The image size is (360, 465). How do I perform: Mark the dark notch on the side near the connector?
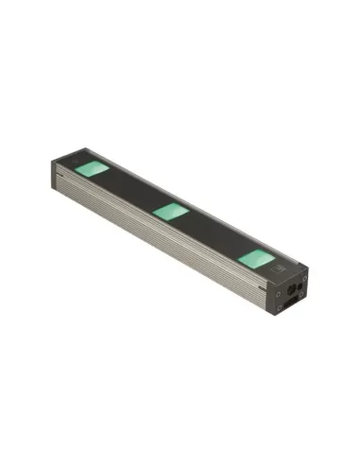[262, 286]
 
